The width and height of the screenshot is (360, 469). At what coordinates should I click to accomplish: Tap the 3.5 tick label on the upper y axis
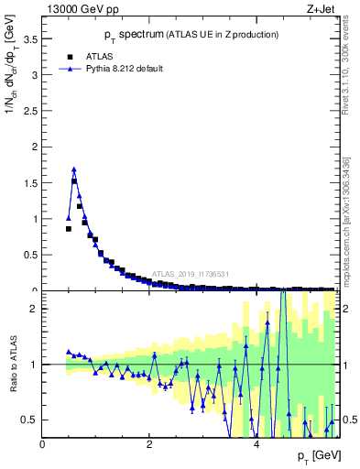[x=31, y=39]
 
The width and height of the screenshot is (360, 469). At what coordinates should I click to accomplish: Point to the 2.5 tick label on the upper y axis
[x=31, y=111]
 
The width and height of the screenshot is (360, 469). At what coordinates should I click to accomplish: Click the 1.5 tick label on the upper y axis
[x=31, y=183]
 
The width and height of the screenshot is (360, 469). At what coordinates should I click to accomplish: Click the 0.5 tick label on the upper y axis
[x=31, y=255]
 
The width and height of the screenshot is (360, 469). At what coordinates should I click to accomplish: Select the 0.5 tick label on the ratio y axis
[x=31, y=420]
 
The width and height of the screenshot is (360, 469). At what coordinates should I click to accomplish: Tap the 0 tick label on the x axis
[x=42, y=445]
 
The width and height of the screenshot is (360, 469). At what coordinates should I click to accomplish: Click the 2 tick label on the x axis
[x=149, y=445]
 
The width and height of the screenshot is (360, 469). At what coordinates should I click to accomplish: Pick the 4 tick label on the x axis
[x=256, y=445]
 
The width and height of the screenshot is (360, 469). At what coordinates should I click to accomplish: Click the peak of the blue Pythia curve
[x=74, y=169]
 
